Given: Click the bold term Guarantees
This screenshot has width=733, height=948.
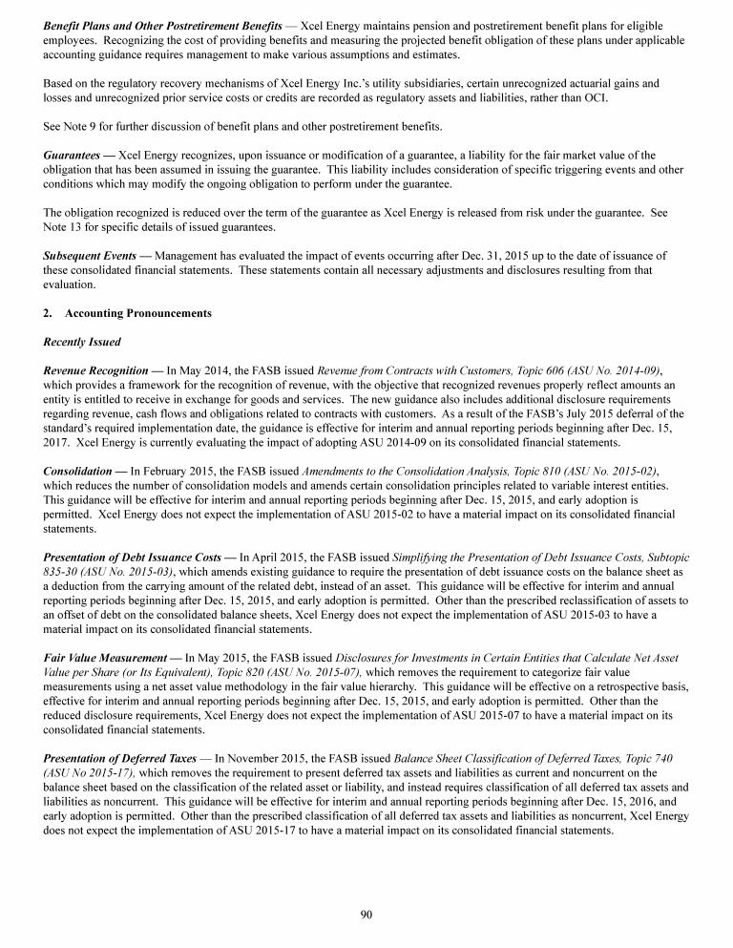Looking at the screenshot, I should coord(76,155).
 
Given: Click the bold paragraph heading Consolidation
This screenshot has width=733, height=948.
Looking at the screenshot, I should coord(83,471).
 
